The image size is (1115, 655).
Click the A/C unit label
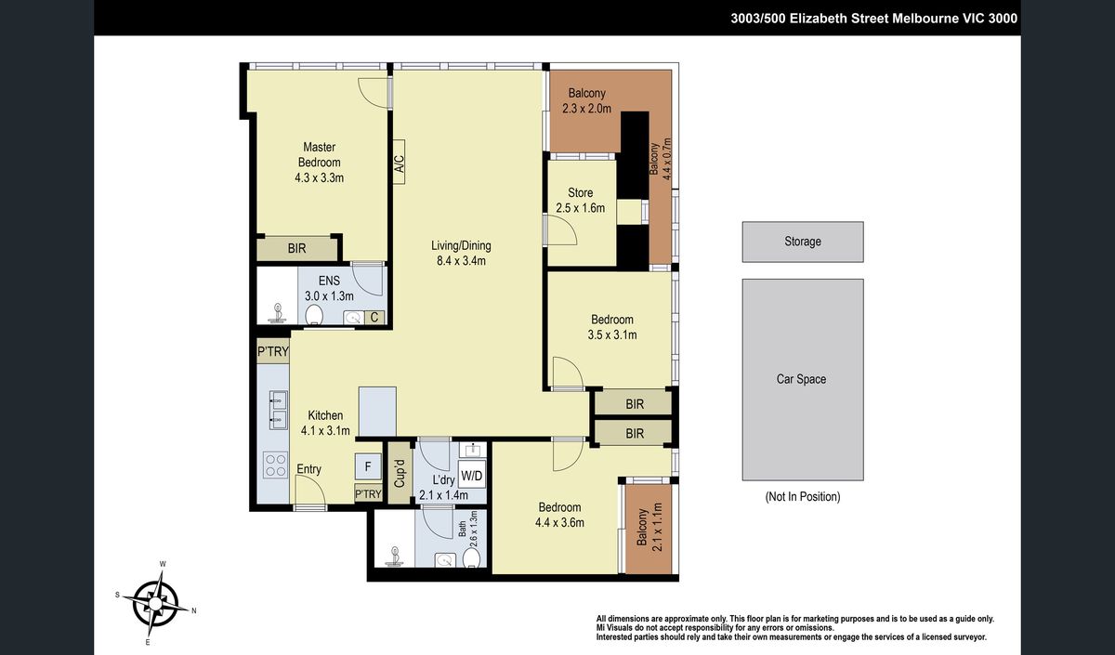[399, 163]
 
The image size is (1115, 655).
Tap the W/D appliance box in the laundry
[471, 476]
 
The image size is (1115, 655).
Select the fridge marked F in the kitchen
[368, 466]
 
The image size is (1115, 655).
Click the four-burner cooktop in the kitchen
[275, 465]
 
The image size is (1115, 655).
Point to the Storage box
[803, 242]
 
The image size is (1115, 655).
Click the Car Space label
[801, 379]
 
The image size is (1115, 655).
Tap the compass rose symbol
[156, 603]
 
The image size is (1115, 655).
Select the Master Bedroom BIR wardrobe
[297, 248]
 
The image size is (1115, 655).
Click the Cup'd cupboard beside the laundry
[400, 472]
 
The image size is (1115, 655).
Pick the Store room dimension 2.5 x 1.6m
[581, 208]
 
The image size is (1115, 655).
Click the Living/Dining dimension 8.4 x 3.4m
[461, 261]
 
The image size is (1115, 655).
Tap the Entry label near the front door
[308, 469]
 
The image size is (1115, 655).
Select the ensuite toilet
[314, 315]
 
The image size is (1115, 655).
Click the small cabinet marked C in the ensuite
[374, 317]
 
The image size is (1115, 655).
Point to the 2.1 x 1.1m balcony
[649, 528]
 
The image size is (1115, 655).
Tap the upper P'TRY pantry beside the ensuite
[273, 351]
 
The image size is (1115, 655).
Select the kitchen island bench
[378, 413]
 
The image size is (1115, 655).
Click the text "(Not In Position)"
[803, 496]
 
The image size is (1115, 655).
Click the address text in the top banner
[873, 19]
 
